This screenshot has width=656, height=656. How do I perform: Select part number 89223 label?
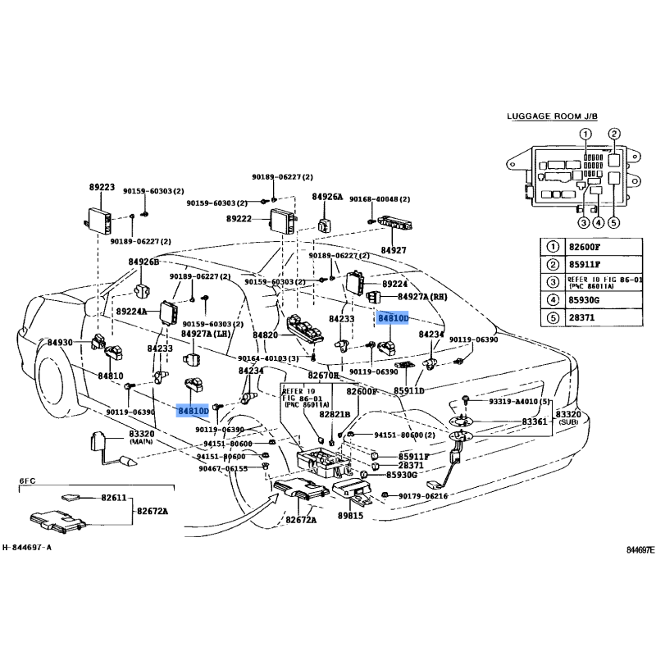pyautogui.click(x=102, y=188)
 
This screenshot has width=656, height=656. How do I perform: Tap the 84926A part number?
pyautogui.click(x=327, y=197)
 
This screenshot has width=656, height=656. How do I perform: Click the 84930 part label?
pyautogui.click(x=60, y=342)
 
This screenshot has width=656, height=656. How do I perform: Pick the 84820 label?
pyautogui.click(x=266, y=335)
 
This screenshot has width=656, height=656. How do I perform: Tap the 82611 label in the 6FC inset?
pyautogui.click(x=114, y=498)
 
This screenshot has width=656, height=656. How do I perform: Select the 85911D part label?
pyautogui.click(x=409, y=390)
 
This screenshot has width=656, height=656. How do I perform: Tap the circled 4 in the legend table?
pyautogui.click(x=553, y=300)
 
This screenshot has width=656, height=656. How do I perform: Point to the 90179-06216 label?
pyautogui.click(x=423, y=496)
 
